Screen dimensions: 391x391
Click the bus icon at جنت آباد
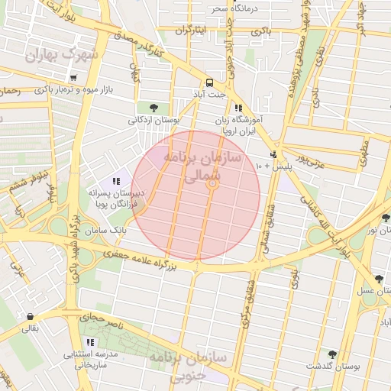[208, 82]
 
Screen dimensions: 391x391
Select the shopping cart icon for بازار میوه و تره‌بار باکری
[73, 78]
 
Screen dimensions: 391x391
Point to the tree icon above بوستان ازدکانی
[155, 107]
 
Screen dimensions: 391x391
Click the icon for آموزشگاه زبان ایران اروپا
[238, 108]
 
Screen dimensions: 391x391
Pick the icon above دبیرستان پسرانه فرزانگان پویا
[116, 181]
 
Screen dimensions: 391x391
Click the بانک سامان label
[105, 229]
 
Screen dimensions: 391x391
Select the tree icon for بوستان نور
[386, 218]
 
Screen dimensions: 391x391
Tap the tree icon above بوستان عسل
[380, 279]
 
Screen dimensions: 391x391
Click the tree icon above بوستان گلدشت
[332, 354]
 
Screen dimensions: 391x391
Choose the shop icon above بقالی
[29, 316]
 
